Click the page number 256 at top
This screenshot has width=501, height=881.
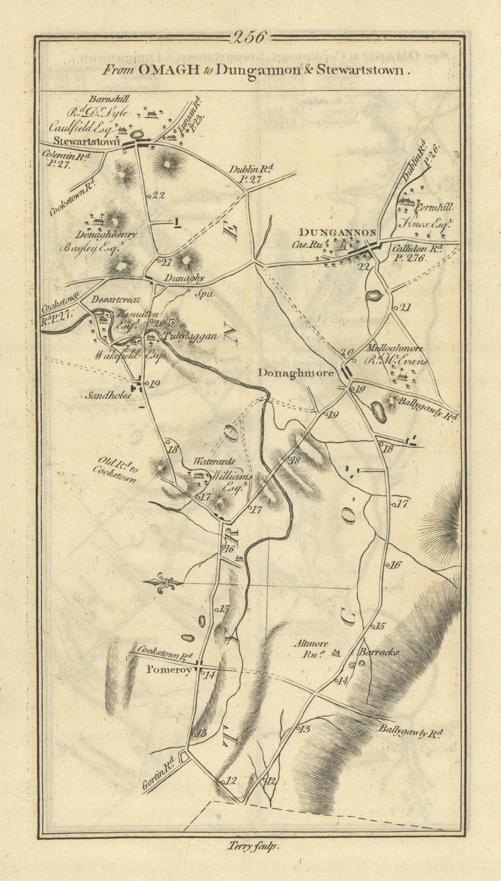(250, 37)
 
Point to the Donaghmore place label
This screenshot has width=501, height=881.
(296, 373)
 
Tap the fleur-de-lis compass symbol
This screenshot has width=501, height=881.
(162, 583)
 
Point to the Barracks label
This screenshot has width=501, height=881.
(378, 651)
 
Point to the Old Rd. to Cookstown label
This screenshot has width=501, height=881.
(116, 469)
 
